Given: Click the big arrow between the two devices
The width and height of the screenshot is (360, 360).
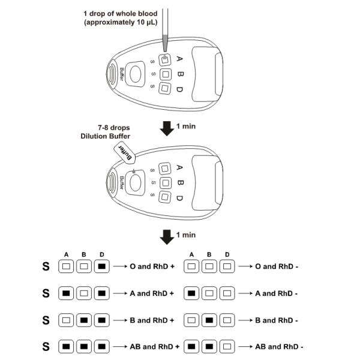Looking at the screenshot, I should coord(165,127).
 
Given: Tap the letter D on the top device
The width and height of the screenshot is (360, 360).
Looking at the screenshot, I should coord(179,90).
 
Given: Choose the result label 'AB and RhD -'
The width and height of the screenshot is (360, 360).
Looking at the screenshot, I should coord(279,346).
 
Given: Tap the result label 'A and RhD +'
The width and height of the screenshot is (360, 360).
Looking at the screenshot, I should coord(152,293).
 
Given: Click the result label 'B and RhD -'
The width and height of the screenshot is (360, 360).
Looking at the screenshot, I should coord(276,320).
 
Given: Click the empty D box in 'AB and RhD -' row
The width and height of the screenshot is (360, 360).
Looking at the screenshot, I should coord(226,346).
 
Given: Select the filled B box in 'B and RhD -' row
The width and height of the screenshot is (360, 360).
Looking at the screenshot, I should coord(209,320).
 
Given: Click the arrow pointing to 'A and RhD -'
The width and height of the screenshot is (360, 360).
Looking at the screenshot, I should coord(242,293).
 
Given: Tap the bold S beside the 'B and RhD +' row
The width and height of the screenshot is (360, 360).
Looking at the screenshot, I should coord(46,320).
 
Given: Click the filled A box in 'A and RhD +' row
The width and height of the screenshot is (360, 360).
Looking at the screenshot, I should coord(67,293).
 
